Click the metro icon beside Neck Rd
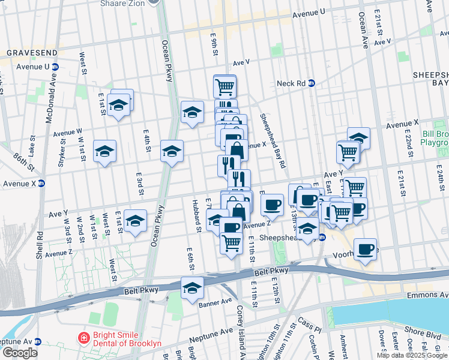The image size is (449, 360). click(x=312, y=83)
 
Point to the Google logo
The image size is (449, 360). click(x=19, y=353)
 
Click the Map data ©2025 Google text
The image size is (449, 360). click(x=412, y=355)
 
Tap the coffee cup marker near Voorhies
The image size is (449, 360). click(x=365, y=249)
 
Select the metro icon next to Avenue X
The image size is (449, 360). click(x=41, y=183)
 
